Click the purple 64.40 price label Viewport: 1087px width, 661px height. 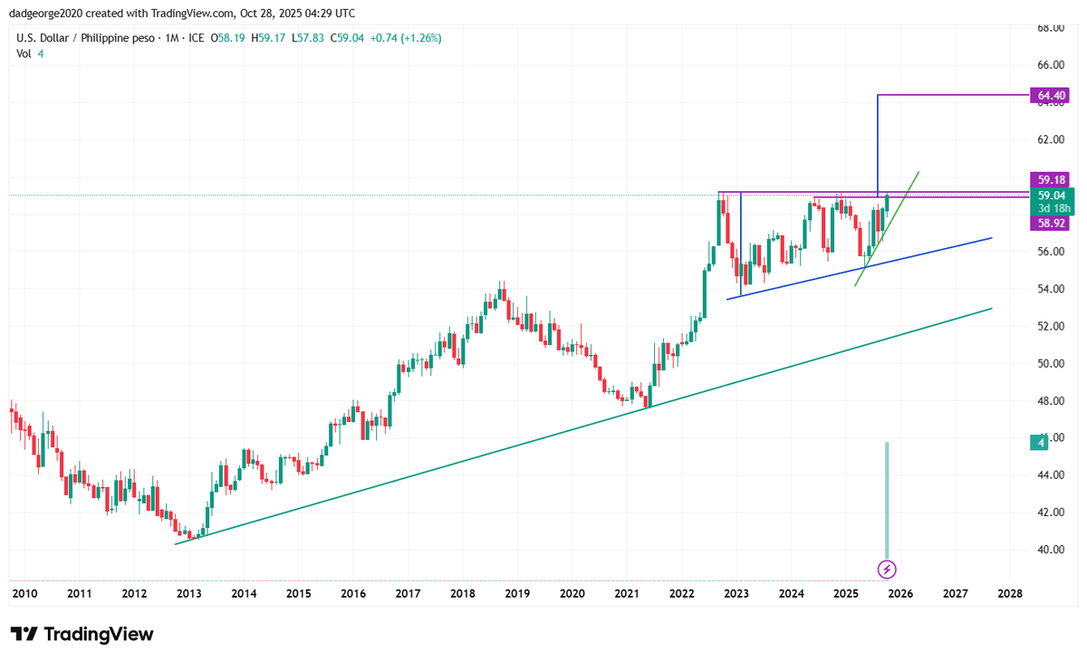tap(1050, 95)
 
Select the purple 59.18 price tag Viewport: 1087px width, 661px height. tap(1050, 180)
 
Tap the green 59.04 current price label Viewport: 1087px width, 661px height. tap(1052, 196)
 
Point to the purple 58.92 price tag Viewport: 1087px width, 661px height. tap(1050, 223)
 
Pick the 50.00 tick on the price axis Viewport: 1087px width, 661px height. tap(1051, 363)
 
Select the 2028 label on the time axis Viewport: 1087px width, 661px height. tap(1010, 594)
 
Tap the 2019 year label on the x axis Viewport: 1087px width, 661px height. tap(517, 594)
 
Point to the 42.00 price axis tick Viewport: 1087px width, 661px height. tap(1051, 513)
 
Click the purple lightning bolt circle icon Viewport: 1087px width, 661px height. tap(887, 570)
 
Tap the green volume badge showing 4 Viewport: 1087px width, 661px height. tap(1039, 442)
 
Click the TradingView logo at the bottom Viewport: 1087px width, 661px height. tap(82, 634)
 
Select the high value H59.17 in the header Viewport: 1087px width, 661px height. tap(268, 38)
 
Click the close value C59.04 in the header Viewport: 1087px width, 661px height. tap(347, 38)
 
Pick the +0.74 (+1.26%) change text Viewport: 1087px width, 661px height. tap(406, 38)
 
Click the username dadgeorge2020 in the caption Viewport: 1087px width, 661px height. tap(46, 13)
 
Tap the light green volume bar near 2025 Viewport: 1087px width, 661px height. tap(887, 501)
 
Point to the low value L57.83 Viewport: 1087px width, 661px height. tap(308, 38)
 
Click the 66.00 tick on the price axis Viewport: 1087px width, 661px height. tap(1051, 65)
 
